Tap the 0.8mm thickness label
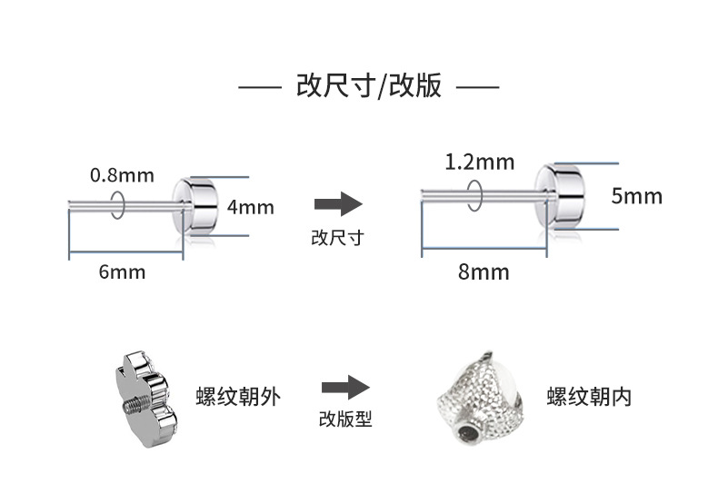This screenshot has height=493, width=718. [x=122, y=174]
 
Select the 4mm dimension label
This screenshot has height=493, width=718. [x=250, y=207]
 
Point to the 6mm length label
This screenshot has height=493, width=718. [x=122, y=271]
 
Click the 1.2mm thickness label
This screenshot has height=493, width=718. [x=479, y=163]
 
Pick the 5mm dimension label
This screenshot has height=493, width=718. [x=636, y=195]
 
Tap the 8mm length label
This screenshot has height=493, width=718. [x=484, y=271]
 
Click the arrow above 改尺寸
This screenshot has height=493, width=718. [x=337, y=204]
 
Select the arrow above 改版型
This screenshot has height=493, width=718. [x=344, y=388]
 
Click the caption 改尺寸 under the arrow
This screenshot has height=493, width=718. [x=337, y=238]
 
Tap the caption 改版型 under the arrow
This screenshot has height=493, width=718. [x=344, y=419]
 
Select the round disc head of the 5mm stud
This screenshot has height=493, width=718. [x=559, y=195]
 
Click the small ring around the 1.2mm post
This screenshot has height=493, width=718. [x=474, y=192]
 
